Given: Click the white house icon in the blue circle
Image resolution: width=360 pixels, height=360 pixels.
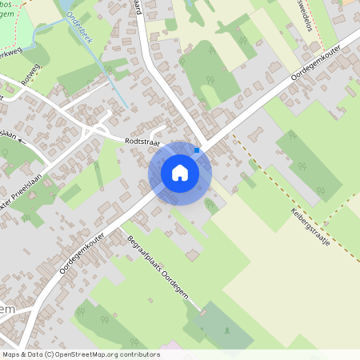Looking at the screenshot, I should pos(180,172).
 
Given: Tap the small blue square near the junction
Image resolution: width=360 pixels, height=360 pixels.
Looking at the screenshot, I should pos(197,150).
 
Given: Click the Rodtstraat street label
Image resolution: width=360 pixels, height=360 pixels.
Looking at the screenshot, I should pos(142,141).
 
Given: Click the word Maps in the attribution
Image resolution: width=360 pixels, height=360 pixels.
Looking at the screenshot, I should pos(12,354).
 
